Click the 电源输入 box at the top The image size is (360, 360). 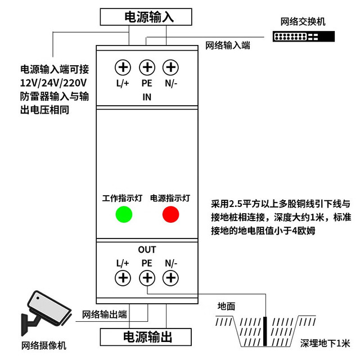pyautogui.click(x=146, y=17)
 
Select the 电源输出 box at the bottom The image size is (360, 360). pyautogui.click(x=146, y=337)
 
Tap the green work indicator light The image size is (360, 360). pyautogui.click(x=124, y=214)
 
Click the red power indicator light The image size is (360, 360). pyautogui.click(x=170, y=214)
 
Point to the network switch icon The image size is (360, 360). pyautogui.click(x=304, y=36)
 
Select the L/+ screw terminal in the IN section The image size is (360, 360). pyautogui.click(x=123, y=67)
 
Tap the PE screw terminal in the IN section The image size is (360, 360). pyautogui.click(x=147, y=67)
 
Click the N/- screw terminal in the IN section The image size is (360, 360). pyautogui.click(x=170, y=67)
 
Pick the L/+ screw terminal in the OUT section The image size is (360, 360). pyautogui.click(x=123, y=278)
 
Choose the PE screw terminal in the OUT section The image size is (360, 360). pyautogui.click(x=147, y=278)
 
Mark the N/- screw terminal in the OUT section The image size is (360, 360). pyautogui.click(x=170, y=278)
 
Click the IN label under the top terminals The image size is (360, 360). pyautogui.click(x=147, y=97)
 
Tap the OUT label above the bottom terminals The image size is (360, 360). pyautogui.click(x=147, y=250)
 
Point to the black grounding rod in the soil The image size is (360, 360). pyautogui.click(x=265, y=331)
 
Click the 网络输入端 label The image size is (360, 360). pyautogui.click(x=227, y=46)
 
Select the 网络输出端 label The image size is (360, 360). pyautogui.click(x=105, y=314)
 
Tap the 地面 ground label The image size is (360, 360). pyautogui.click(x=226, y=307)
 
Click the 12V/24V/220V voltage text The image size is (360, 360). pyautogui.click(x=53, y=83)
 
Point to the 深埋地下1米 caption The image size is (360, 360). pyautogui.click(x=325, y=344)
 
